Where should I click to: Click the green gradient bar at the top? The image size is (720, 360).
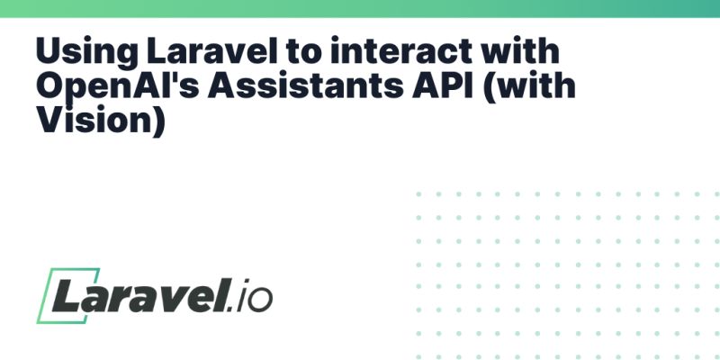point(360,8)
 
